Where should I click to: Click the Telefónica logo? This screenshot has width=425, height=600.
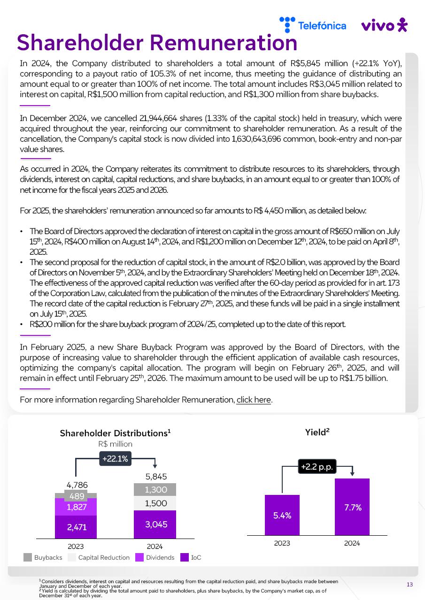(x=312, y=25)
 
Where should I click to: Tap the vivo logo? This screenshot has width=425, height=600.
(x=384, y=25)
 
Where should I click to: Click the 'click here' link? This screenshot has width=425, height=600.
(x=254, y=400)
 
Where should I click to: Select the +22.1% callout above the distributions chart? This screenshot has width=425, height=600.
(x=115, y=459)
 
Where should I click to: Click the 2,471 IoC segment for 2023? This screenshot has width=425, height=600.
(x=76, y=527)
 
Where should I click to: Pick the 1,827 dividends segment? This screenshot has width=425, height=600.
(x=76, y=507)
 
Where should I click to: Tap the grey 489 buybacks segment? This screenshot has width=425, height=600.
(x=76, y=496)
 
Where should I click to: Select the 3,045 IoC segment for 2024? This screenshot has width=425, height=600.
(x=155, y=524)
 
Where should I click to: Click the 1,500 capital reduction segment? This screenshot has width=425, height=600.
(x=155, y=503)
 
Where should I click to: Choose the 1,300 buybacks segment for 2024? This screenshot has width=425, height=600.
(x=155, y=490)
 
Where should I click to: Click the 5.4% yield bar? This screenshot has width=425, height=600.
(x=282, y=515)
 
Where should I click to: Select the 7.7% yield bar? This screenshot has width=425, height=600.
(x=352, y=507)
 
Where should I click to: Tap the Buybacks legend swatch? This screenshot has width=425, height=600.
(x=28, y=557)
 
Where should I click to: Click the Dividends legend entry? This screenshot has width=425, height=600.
(x=155, y=557)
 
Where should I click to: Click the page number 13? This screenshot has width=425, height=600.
(x=410, y=584)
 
